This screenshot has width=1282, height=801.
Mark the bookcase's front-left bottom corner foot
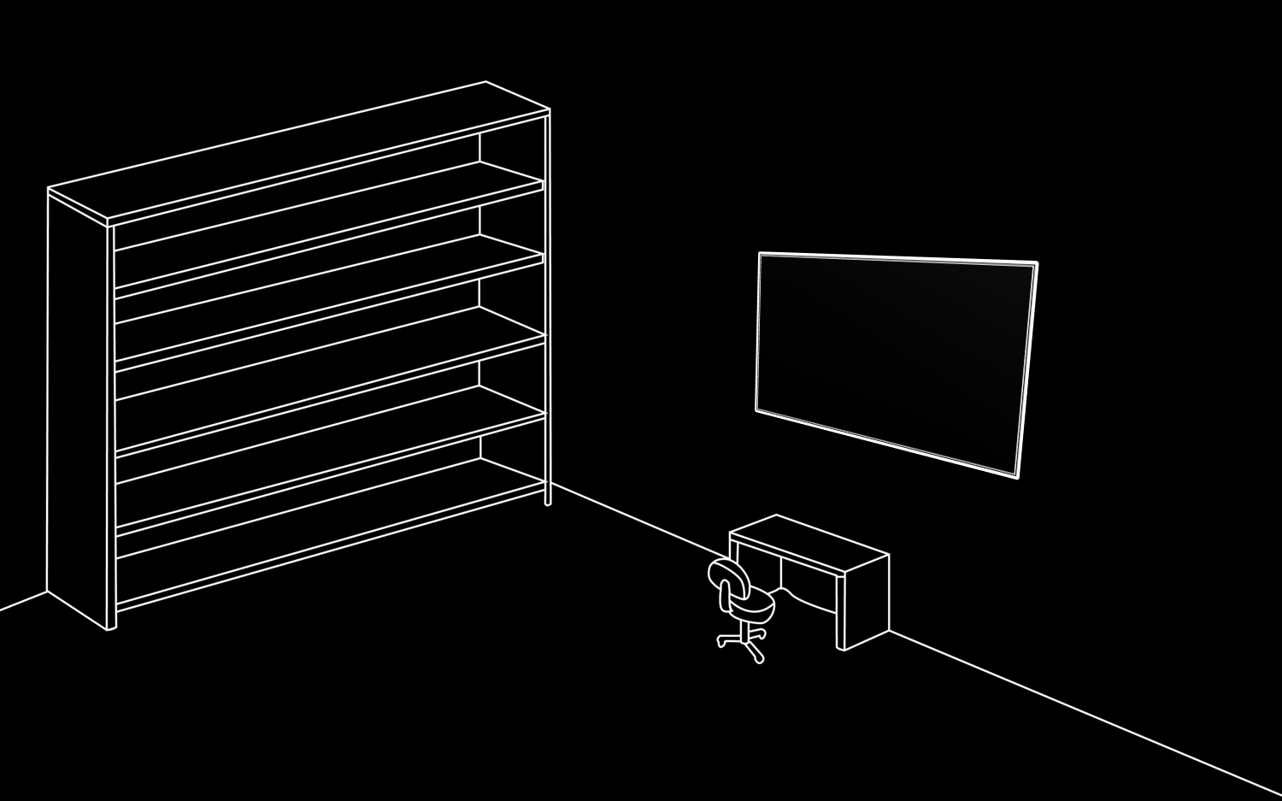[110, 627]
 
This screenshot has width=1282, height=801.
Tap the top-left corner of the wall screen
[761, 255]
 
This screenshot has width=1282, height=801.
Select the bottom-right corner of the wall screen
[1016, 475]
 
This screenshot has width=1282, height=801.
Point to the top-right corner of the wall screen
[1036, 264]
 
